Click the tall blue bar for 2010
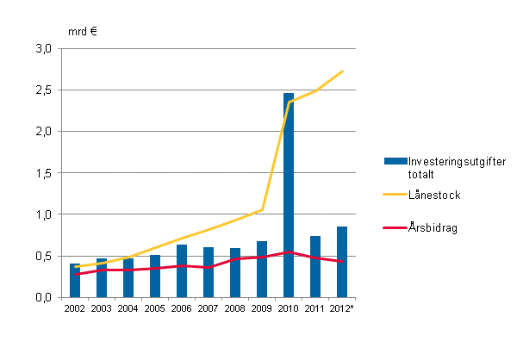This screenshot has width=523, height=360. (x=289, y=195)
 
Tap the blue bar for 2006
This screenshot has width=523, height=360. (x=182, y=270)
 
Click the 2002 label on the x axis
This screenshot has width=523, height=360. (x=75, y=308)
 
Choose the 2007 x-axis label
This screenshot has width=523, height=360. (x=209, y=308)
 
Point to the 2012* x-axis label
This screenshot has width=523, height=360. (x=343, y=308)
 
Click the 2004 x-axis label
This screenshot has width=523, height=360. (x=128, y=308)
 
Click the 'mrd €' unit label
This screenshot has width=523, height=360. (x=82, y=31)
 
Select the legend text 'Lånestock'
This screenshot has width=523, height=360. (x=436, y=196)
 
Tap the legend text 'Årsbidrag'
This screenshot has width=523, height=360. (x=435, y=228)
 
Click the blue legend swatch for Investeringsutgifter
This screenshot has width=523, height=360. (x=395, y=161)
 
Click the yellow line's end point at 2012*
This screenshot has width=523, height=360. (x=342, y=71)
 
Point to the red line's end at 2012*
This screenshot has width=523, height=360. (x=342, y=261)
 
